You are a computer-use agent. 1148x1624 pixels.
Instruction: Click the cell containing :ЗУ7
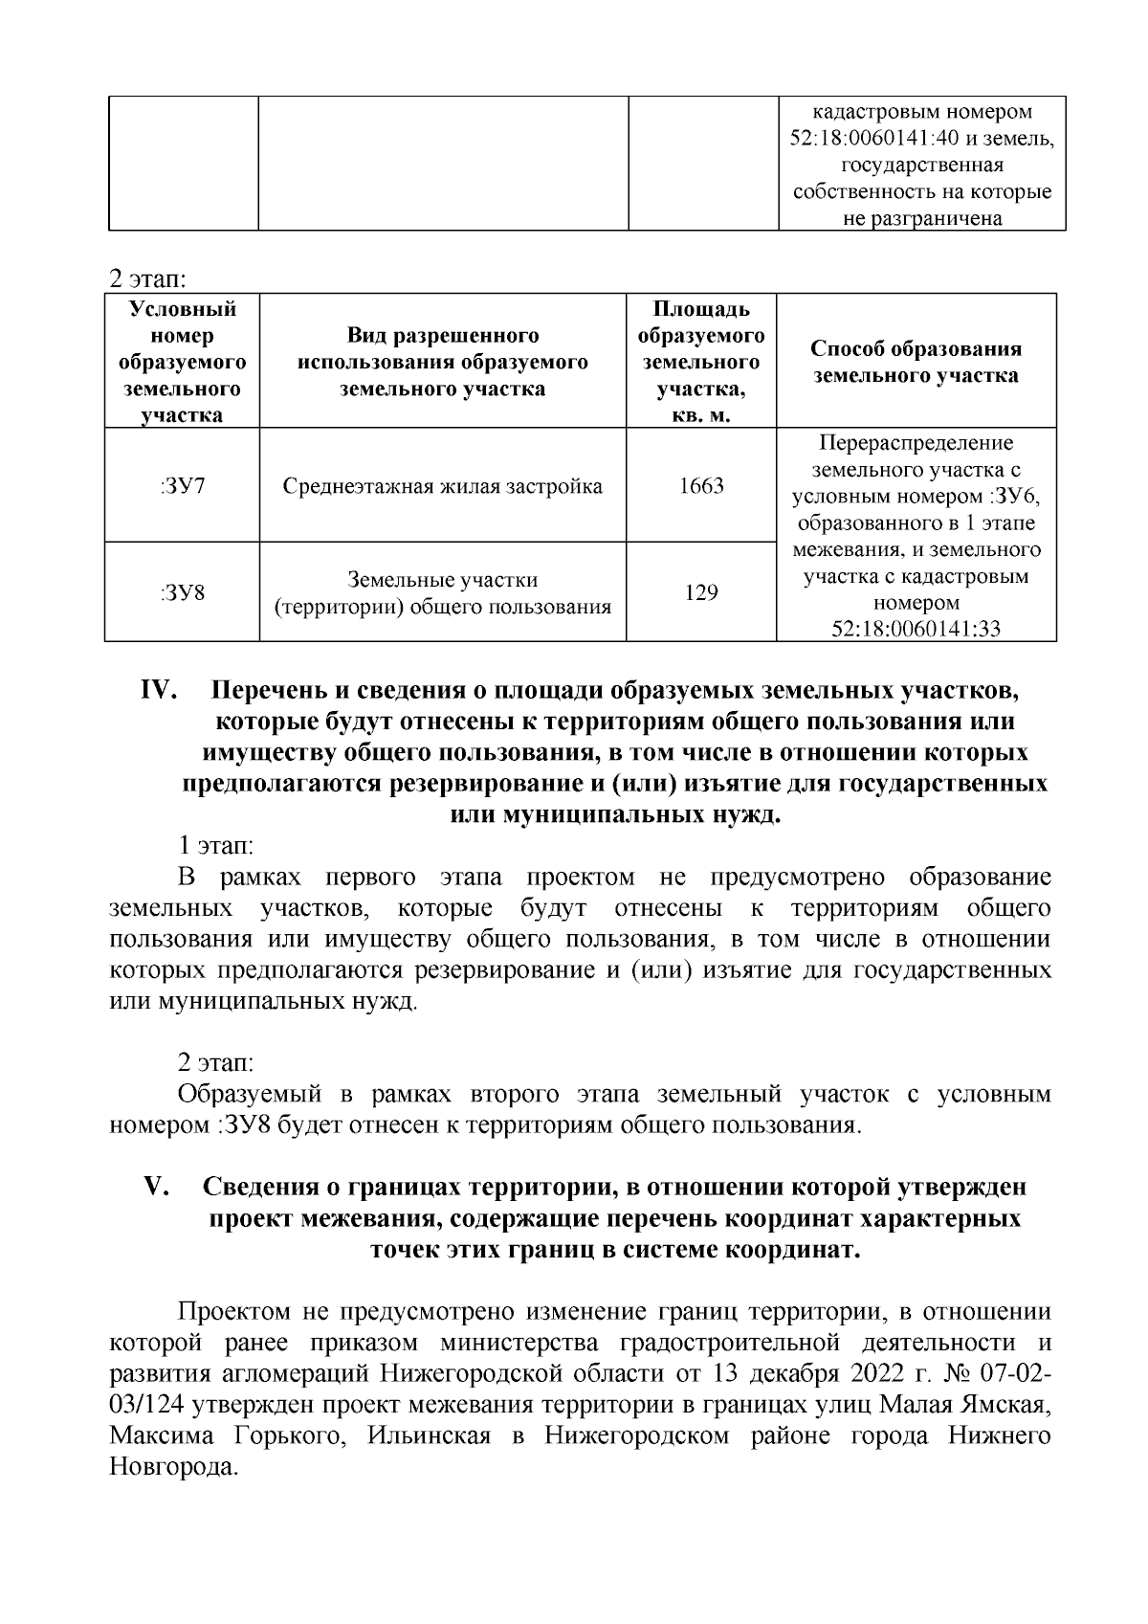(x=182, y=485)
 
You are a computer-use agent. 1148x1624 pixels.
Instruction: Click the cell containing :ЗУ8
(x=182, y=592)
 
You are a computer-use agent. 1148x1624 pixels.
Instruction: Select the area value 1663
(x=701, y=485)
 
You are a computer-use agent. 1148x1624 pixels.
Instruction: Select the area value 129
(x=701, y=592)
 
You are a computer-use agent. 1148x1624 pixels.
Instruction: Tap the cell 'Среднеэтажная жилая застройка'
(x=443, y=486)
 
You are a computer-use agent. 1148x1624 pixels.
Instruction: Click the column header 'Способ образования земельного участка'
(x=916, y=362)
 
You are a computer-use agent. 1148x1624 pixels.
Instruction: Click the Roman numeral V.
(x=157, y=1187)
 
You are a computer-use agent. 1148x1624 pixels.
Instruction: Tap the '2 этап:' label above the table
(x=147, y=279)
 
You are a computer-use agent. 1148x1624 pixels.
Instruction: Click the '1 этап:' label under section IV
(x=215, y=846)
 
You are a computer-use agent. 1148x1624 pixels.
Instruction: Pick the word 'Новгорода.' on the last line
(x=173, y=1468)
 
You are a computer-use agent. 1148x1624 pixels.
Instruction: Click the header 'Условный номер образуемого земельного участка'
(x=182, y=362)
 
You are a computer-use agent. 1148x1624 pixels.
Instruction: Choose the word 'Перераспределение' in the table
(x=916, y=444)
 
